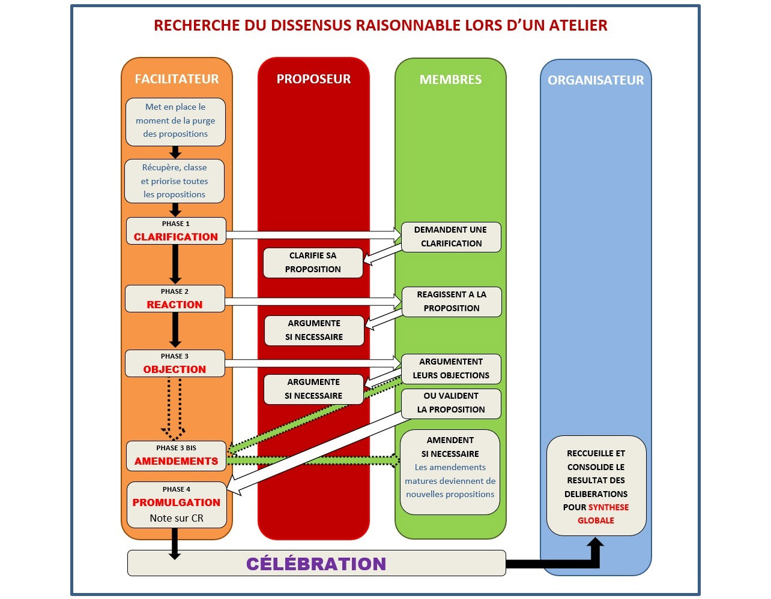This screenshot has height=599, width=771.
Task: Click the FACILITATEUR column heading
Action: (177, 79)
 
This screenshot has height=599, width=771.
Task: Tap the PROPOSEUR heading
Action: (313, 79)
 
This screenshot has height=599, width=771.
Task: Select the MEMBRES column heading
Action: (450, 80)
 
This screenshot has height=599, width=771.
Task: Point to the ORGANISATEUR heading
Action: (596, 80)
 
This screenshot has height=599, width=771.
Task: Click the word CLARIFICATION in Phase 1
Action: (176, 237)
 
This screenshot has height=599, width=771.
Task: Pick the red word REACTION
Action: (175, 305)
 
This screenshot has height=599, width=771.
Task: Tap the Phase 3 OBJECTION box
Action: (175, 363)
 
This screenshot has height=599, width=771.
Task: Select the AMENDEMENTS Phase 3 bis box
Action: (176, 456)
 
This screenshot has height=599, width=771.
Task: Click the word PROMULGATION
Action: (177, 502)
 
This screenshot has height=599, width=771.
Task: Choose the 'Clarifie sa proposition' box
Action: (313, 263)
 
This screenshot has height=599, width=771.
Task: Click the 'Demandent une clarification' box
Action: (451, 237)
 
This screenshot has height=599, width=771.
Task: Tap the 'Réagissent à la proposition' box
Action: (452, 302)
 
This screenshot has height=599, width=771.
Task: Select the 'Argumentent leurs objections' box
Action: (451, 368)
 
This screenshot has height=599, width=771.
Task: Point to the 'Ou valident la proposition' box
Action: (451, 403)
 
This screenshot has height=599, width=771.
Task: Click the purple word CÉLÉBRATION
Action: (316, 564)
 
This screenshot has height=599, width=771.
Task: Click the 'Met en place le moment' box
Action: (175, 121)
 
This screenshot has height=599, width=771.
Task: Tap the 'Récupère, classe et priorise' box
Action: (174, 181)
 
